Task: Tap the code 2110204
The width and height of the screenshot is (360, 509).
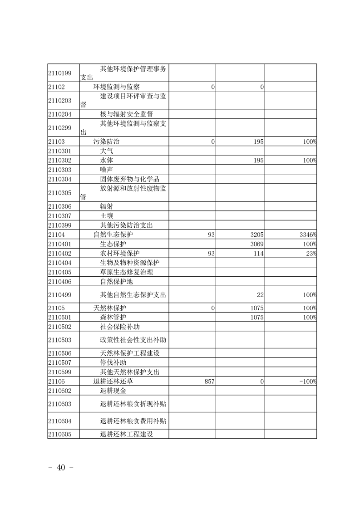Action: (x=60, y=114)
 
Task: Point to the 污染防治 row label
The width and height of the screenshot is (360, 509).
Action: (x=107, y=142)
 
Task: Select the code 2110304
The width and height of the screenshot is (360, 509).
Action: (x=60, y=179)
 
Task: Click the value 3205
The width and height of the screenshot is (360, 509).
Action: (x=257, y=235)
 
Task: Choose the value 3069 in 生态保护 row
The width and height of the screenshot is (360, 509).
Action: (x=257, y=244)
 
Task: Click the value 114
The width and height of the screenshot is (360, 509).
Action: (x=259, y=254)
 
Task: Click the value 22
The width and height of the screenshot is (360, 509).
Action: (x=260, y=295)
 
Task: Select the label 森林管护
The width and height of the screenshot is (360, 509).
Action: (x=113, y=317)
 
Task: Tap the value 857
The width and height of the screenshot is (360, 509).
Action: (x=209, y=382)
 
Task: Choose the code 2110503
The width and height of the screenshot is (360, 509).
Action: (x=60, y=339)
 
